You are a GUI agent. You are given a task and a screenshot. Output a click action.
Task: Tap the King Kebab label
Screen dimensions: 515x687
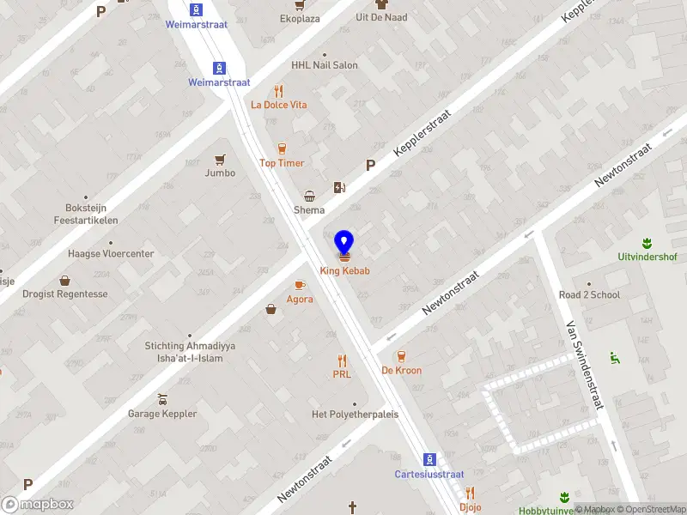tap(344, 271)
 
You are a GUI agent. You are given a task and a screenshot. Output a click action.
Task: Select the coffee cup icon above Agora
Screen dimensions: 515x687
tap(300, 285)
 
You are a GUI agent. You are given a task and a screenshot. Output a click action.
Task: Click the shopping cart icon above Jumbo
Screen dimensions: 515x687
tap(221, 159)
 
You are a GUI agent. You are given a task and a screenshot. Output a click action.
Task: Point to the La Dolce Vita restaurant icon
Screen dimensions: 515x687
tap(278, 91)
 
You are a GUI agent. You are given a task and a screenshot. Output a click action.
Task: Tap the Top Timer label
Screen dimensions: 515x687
tap(282, 163)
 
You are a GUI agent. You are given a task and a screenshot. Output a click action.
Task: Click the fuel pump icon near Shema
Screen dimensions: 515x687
tap(340, 187)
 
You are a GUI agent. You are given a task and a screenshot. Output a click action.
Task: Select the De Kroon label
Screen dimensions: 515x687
tap(401, 371)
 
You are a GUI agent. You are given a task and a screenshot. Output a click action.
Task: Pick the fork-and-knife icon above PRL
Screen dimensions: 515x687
tap(342, 360)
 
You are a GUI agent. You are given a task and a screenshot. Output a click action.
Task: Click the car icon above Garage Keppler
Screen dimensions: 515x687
tap(162, 399)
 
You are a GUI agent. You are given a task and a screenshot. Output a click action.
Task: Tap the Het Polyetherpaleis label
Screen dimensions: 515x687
tap(355, 415)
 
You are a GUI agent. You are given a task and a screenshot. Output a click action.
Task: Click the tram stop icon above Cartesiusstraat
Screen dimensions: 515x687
tap(429, 460)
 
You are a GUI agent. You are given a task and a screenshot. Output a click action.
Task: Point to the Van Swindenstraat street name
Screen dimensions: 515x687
tap(586, 366)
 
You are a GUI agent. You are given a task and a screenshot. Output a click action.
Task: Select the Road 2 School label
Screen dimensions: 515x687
tap(589, 295)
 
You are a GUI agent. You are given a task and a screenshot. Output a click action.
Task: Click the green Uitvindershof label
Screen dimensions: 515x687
tap(647, 257)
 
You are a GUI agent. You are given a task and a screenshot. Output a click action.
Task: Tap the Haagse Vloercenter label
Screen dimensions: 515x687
tap(111, 254)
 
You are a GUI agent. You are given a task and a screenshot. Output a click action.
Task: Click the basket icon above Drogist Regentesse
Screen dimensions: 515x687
tap(64, 280)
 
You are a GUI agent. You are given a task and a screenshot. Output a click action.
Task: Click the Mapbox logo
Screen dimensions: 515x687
tap(38, 504)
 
